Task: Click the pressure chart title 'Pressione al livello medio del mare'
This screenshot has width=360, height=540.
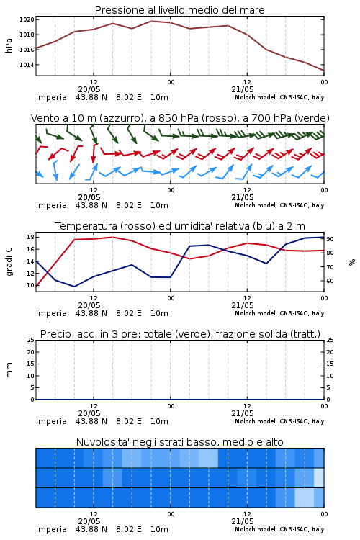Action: [179, 10]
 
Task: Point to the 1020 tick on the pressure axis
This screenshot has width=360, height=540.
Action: [27, 19]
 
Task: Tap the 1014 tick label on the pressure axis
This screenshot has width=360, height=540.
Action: [27, 65]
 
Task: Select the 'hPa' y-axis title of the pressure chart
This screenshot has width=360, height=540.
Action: [9, 45]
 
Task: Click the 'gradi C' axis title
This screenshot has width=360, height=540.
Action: [9, 261]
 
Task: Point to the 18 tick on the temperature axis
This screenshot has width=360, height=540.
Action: [30, 237]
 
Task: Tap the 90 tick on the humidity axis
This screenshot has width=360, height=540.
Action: [330, 239]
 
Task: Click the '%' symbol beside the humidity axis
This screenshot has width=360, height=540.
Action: [352, 262]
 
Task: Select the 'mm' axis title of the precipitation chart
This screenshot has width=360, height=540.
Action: [9, 370]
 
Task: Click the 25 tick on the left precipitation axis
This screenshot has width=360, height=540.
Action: [30, 340]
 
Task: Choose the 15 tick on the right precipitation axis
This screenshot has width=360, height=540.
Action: [330, 364]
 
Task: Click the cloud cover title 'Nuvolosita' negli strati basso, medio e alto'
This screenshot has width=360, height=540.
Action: [179, 442]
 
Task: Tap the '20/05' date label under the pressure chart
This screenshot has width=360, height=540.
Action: [89, 89]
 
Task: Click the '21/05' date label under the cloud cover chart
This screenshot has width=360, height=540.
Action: [243, 521]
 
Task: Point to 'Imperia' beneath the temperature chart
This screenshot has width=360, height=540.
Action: [51, 313]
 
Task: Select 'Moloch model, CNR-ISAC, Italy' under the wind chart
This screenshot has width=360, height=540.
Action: [279, 206]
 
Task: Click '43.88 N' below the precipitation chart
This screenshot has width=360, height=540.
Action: [91, 421]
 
